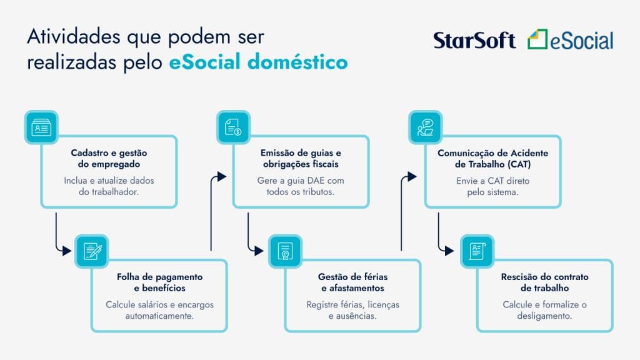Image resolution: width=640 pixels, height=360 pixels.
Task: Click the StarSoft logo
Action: point(474,41)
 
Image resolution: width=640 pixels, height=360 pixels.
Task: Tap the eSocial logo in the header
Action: point(570,39)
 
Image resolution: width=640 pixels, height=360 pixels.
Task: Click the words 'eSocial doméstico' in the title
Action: point(258,62)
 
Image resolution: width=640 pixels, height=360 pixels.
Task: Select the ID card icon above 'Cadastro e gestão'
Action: point(41,127)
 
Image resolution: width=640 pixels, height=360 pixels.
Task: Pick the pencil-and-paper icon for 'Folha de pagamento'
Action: point(92,251)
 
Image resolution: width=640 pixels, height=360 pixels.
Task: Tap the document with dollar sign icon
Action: point(233,127)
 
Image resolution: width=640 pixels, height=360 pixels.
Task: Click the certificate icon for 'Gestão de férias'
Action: point(285,251)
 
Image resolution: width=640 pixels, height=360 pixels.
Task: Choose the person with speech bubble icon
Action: point(425,127)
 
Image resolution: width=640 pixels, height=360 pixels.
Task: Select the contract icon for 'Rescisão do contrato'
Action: point(477,251)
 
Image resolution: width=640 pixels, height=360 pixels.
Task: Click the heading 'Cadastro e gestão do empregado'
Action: point(109,158)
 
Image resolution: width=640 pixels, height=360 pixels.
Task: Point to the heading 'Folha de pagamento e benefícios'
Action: point(159,282)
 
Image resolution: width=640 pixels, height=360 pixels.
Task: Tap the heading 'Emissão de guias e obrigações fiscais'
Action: point(301,158)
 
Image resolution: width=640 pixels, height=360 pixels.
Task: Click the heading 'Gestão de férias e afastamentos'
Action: point(352,282)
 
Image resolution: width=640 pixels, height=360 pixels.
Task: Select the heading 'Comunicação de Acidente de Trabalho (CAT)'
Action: point(492,159)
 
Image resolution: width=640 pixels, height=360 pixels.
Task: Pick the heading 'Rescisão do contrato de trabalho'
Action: point(544,282)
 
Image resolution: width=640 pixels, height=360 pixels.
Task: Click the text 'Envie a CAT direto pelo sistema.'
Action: point(492,186)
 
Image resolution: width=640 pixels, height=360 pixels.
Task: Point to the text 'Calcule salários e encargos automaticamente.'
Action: point(159,310)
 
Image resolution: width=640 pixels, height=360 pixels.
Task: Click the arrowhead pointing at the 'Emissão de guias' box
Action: point(222,177)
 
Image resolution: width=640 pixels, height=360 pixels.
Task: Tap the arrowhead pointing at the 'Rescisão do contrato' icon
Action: point(449,251)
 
